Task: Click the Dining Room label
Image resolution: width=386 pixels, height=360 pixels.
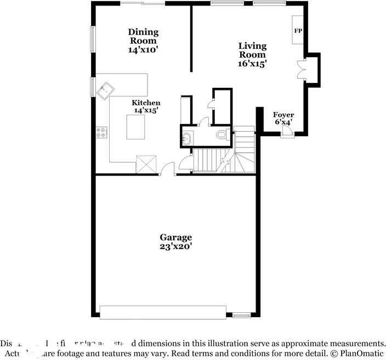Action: coord(143,36)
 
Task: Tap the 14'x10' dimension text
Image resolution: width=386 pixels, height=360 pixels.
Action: coord(143,49)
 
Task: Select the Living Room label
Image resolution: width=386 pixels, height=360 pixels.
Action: coord(252,50)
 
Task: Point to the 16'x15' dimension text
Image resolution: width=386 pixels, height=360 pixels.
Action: coord(252,64)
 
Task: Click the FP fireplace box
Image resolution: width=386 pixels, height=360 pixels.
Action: coord(298,31)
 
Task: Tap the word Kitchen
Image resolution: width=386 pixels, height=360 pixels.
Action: coord(146,103)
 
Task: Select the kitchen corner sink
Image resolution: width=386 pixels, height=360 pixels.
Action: coord(105,90)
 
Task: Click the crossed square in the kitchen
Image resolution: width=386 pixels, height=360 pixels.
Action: coord(146,164)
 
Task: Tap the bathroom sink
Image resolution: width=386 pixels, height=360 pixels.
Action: coord(186,138)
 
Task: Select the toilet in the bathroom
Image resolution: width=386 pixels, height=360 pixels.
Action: coord(222,134)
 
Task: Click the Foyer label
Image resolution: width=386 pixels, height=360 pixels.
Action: coord(283,115)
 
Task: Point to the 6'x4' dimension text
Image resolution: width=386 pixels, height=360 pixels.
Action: coord(283,122)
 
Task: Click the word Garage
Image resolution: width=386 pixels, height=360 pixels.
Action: coord(176,237)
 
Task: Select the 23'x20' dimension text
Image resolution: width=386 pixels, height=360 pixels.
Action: coord(176,246)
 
